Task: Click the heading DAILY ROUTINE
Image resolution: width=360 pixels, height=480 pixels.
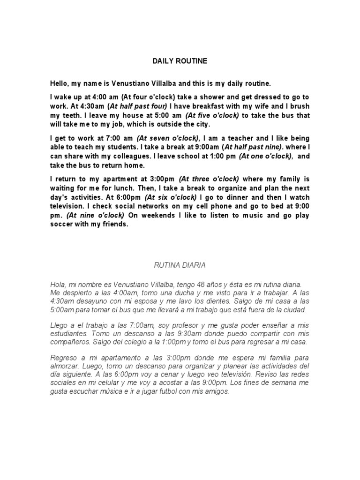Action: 180,61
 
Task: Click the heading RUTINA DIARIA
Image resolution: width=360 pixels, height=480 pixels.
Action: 180,265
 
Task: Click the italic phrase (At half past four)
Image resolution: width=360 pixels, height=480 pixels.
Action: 138,106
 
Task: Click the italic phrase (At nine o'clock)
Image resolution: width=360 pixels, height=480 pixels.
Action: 95,215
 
